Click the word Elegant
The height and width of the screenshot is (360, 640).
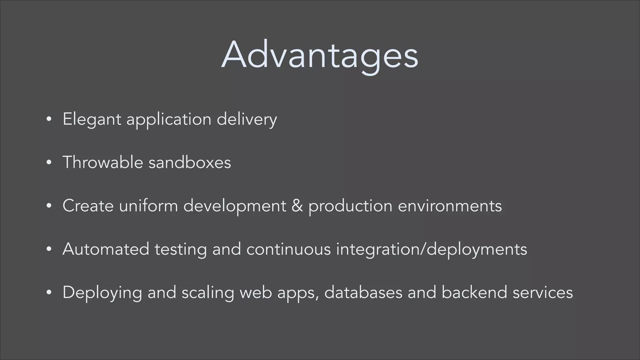click(x=92, y=119)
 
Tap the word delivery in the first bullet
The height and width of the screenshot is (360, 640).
click(x=247, y=119)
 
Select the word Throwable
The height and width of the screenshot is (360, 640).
click(x=102, y=162)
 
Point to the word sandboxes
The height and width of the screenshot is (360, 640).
click(x=189, y=162)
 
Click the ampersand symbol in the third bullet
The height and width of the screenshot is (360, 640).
click(x=297, y=206)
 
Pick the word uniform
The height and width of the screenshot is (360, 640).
click(x=148, y=206)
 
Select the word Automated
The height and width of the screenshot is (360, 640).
click(x=106, y=249)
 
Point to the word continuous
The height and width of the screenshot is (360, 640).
click(x=288, y=249)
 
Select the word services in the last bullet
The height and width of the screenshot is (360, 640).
click(x=542, y=292)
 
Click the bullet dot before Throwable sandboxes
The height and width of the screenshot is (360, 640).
click(x=48, y=163)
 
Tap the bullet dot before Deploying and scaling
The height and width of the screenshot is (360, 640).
click(x=48, y=293)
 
